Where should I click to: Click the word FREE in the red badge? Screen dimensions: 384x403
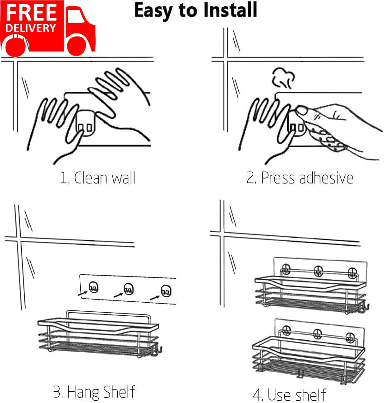click(31, 12)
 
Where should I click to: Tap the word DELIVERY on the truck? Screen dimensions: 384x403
click(31, 28)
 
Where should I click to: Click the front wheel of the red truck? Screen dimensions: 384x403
click(78, 46)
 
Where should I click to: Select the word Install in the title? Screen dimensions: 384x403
click(230, 10)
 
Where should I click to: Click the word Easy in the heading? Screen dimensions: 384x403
click(153, 11)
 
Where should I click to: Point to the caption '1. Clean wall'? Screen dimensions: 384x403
click(98, 178)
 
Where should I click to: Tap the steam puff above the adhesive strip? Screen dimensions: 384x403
click(283, 78)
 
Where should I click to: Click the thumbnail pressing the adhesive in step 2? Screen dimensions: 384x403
click(302, 111)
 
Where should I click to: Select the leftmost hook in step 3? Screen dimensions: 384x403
click(93, 287)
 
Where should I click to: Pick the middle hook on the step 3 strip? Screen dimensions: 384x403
click(129, 289)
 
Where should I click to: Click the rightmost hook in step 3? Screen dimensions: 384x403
click(166, 291)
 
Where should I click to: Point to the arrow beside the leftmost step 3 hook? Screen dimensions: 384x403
click(83, 293)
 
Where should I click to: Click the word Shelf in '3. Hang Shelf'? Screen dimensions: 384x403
click(118, 392)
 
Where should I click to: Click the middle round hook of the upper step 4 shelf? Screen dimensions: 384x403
click(318, 271)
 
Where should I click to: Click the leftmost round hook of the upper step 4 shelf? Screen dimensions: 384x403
click(286, 269)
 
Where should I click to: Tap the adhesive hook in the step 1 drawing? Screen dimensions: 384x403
click(85, 123)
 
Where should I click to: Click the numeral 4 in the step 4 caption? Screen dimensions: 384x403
click(258, 394)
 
